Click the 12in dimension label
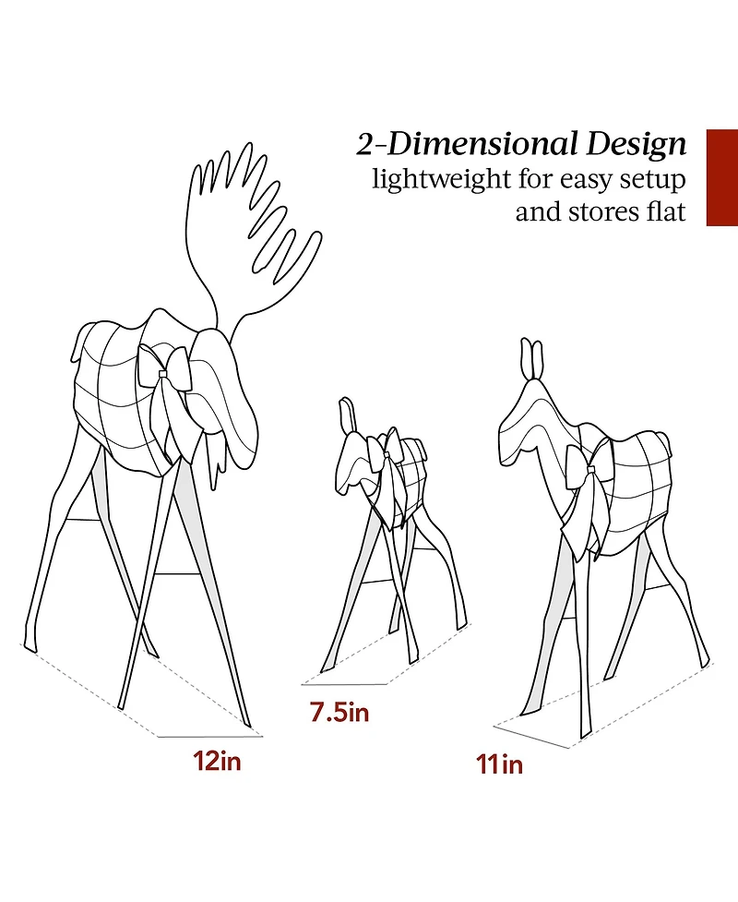(x=217, y=761)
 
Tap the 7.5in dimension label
(x=339, y=712)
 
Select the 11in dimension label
(x=499, y=764)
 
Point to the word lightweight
(x=440, y=180)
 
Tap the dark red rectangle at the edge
(x=722, y=177)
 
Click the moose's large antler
(x=253, y=230)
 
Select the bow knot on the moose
(x=162, y=375)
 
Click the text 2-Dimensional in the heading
(x=467, y=144)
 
